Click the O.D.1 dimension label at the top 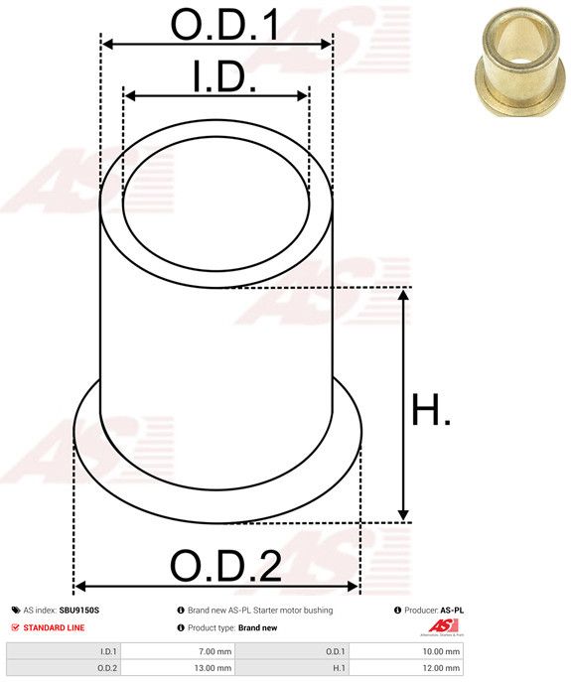point(225,25)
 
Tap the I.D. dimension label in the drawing point(224,77)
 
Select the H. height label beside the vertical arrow point(431,409)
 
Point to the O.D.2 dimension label point(225,566)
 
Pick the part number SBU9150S point(79,611)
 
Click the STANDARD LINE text point(54,627)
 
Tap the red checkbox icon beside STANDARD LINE point(16,627)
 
